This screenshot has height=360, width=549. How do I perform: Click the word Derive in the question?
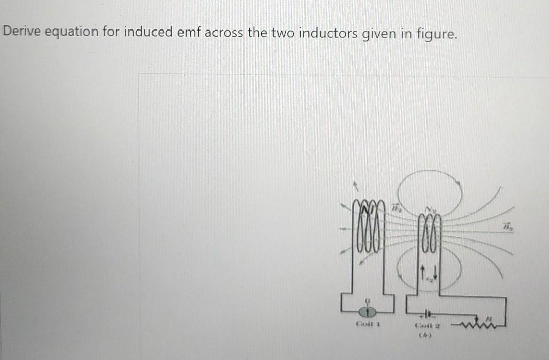22,32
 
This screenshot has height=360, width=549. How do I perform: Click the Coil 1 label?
369,324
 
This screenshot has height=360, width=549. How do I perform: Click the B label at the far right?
507,226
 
